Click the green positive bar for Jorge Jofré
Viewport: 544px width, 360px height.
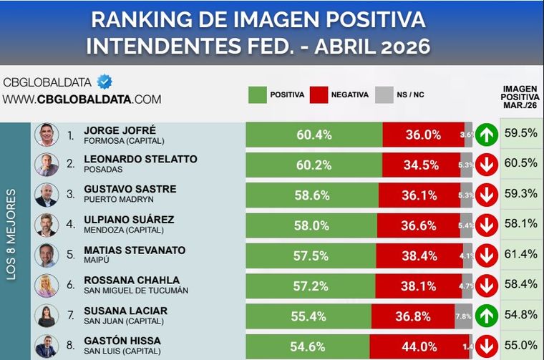pos(314,135)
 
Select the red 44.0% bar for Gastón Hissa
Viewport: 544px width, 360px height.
pos(419,346)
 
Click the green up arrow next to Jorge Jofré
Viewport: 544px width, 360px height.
pos(487,135)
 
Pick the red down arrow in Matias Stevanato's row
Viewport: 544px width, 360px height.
pos(487,256)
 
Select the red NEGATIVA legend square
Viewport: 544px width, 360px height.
pos(319,94)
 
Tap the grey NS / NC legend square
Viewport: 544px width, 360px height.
pos(384,94)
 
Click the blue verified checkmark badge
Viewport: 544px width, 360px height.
pos(105,82)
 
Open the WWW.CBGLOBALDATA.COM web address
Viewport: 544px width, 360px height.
pos(82,99)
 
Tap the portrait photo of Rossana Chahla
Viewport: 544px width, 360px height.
pos(47,286)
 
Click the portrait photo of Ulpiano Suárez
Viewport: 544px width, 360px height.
pos(47,225)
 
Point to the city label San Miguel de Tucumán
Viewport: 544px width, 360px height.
pos(135,290)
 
